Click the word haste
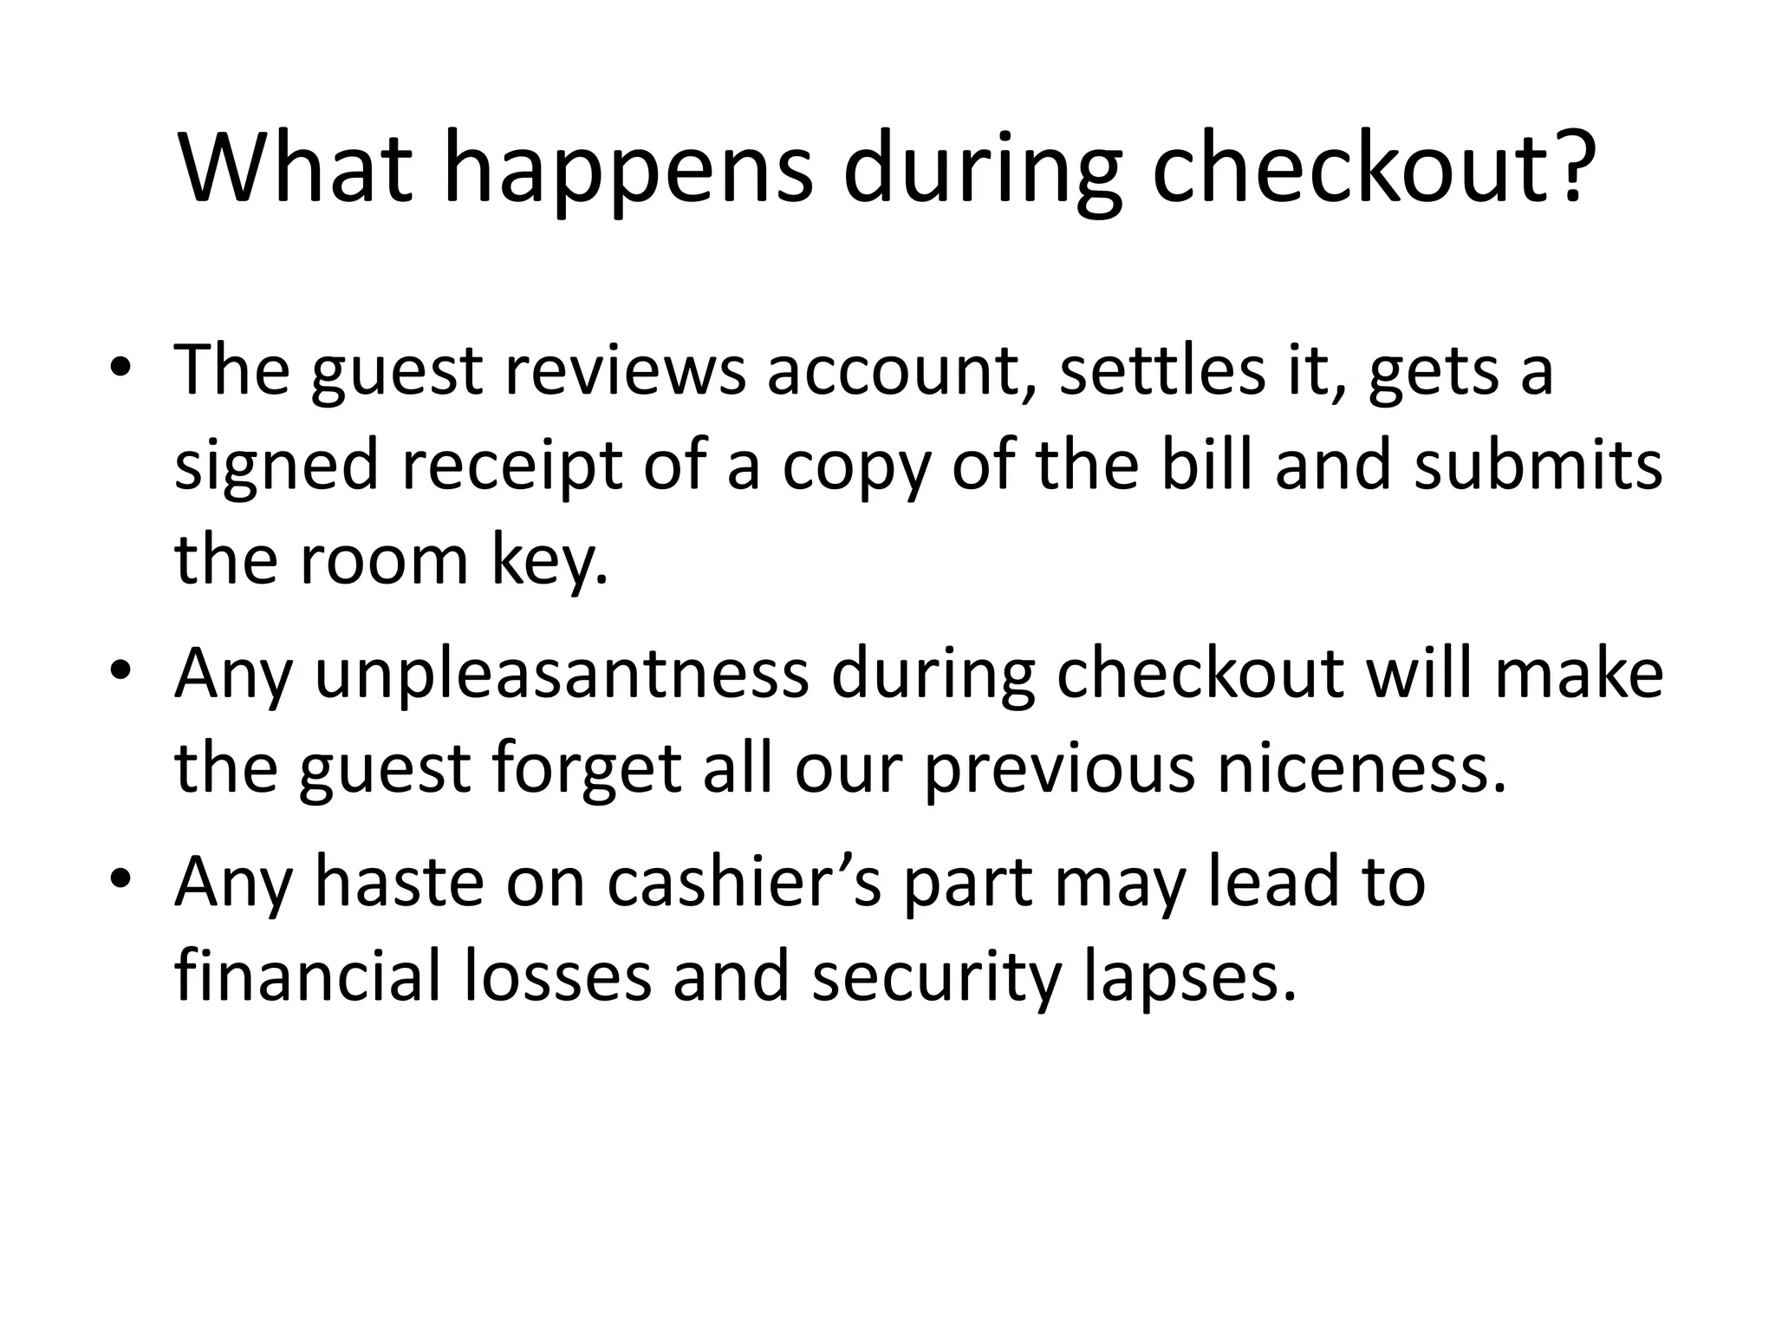[x=399, y=883]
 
